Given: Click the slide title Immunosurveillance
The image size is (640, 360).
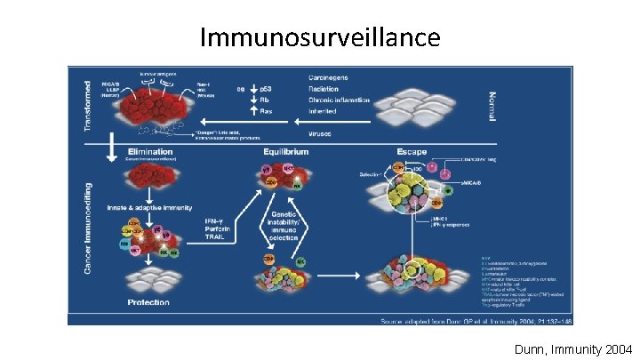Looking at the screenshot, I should [320, 37].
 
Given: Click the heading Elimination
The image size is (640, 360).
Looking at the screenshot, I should [152, 151].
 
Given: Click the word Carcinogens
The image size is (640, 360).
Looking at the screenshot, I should [331, 77].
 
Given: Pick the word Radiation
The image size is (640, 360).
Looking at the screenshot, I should [326, 89].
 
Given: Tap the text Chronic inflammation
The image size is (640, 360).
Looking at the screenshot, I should [342, 100].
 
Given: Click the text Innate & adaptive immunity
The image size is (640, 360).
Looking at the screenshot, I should [151, 207].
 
